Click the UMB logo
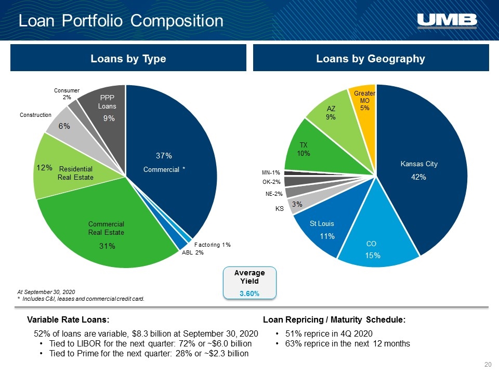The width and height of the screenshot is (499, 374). click(x=447, y=21)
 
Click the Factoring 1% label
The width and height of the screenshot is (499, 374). click(x=212, y=245)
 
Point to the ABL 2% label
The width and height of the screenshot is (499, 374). click(x=192, y=252)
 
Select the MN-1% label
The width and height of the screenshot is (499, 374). click(x=271, y=172)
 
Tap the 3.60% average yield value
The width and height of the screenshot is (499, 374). click(x=249, y=293)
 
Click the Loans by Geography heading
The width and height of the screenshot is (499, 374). click(x=371, y=59)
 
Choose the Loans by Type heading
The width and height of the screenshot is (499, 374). click(x=128, y=59)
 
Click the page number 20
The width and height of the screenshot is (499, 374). click(x=488, y=365)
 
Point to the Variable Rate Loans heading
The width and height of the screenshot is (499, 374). click(x=68, y=319)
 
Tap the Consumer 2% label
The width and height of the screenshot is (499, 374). click(x=67, y=94)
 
